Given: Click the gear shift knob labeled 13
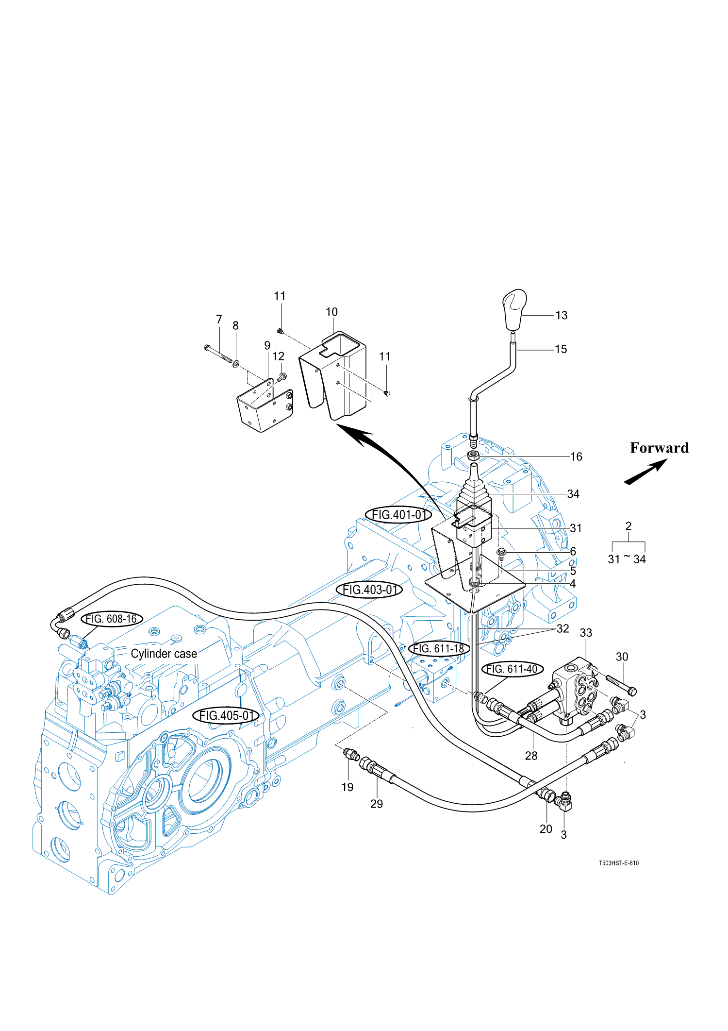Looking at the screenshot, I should [x=514, y=309].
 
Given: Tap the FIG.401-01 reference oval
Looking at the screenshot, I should [x=398, y=515].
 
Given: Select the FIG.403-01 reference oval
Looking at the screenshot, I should [x=369, y=590].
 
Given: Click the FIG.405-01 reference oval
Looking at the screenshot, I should [x=226, y=715].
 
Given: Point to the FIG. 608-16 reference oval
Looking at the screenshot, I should [x=112, y=619].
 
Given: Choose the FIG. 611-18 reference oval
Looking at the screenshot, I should [x=439, y=648].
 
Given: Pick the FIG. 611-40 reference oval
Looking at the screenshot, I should [x=512, y=669].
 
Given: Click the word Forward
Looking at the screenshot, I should [x=659, y=448].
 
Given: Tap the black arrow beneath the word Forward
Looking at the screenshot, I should [x=645, y=472].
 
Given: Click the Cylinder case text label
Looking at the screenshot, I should [x=164, y=654].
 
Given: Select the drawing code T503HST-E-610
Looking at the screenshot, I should [x=618, y=863].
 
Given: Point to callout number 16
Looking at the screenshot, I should [x=576, y=456].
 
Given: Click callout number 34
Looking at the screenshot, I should [x=573, y=494].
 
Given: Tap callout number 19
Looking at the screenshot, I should [x=347, y=787].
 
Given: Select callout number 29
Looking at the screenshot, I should [x=377, y=804].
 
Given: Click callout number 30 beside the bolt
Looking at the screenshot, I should [x=622, y=657].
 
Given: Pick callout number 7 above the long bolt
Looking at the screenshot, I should [x=219, y=320].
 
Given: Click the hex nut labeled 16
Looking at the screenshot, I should [x=473, y=456].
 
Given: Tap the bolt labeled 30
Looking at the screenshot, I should [x=621, y=685].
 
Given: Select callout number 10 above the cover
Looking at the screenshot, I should [x=331, y=312].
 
